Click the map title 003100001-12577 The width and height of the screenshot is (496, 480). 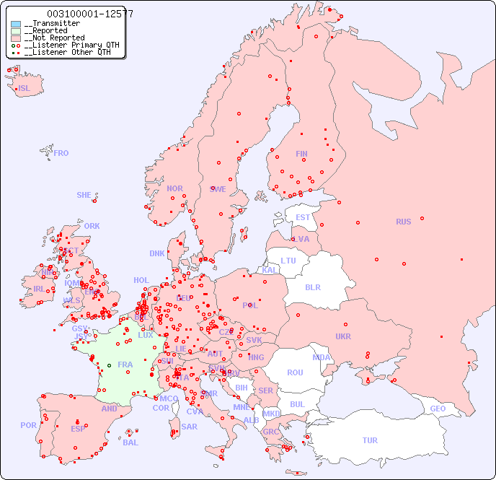pos(89,14)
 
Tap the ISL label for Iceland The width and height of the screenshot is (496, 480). pos(25,89)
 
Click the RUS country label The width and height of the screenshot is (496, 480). pos(403,222)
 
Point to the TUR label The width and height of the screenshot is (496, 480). pos(370,440)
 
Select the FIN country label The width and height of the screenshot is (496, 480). pos(301,154)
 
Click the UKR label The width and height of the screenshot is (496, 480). pos(343,336)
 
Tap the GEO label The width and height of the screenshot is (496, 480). pos(438,409)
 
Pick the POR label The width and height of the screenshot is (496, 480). pos(28,425)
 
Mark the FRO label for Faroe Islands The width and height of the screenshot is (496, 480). pos(61,153)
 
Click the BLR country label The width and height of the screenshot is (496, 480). pos(312,287)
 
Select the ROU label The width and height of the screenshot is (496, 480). pos(295,372)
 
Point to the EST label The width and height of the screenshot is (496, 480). pos(303,217)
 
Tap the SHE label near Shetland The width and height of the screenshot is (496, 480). pos(84,195)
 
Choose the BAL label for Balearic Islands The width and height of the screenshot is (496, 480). pos(130,442)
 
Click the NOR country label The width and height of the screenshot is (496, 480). pos(174,188)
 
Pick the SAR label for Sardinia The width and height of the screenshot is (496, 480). pos(189,427)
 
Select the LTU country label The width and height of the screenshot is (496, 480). pos(288,261)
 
